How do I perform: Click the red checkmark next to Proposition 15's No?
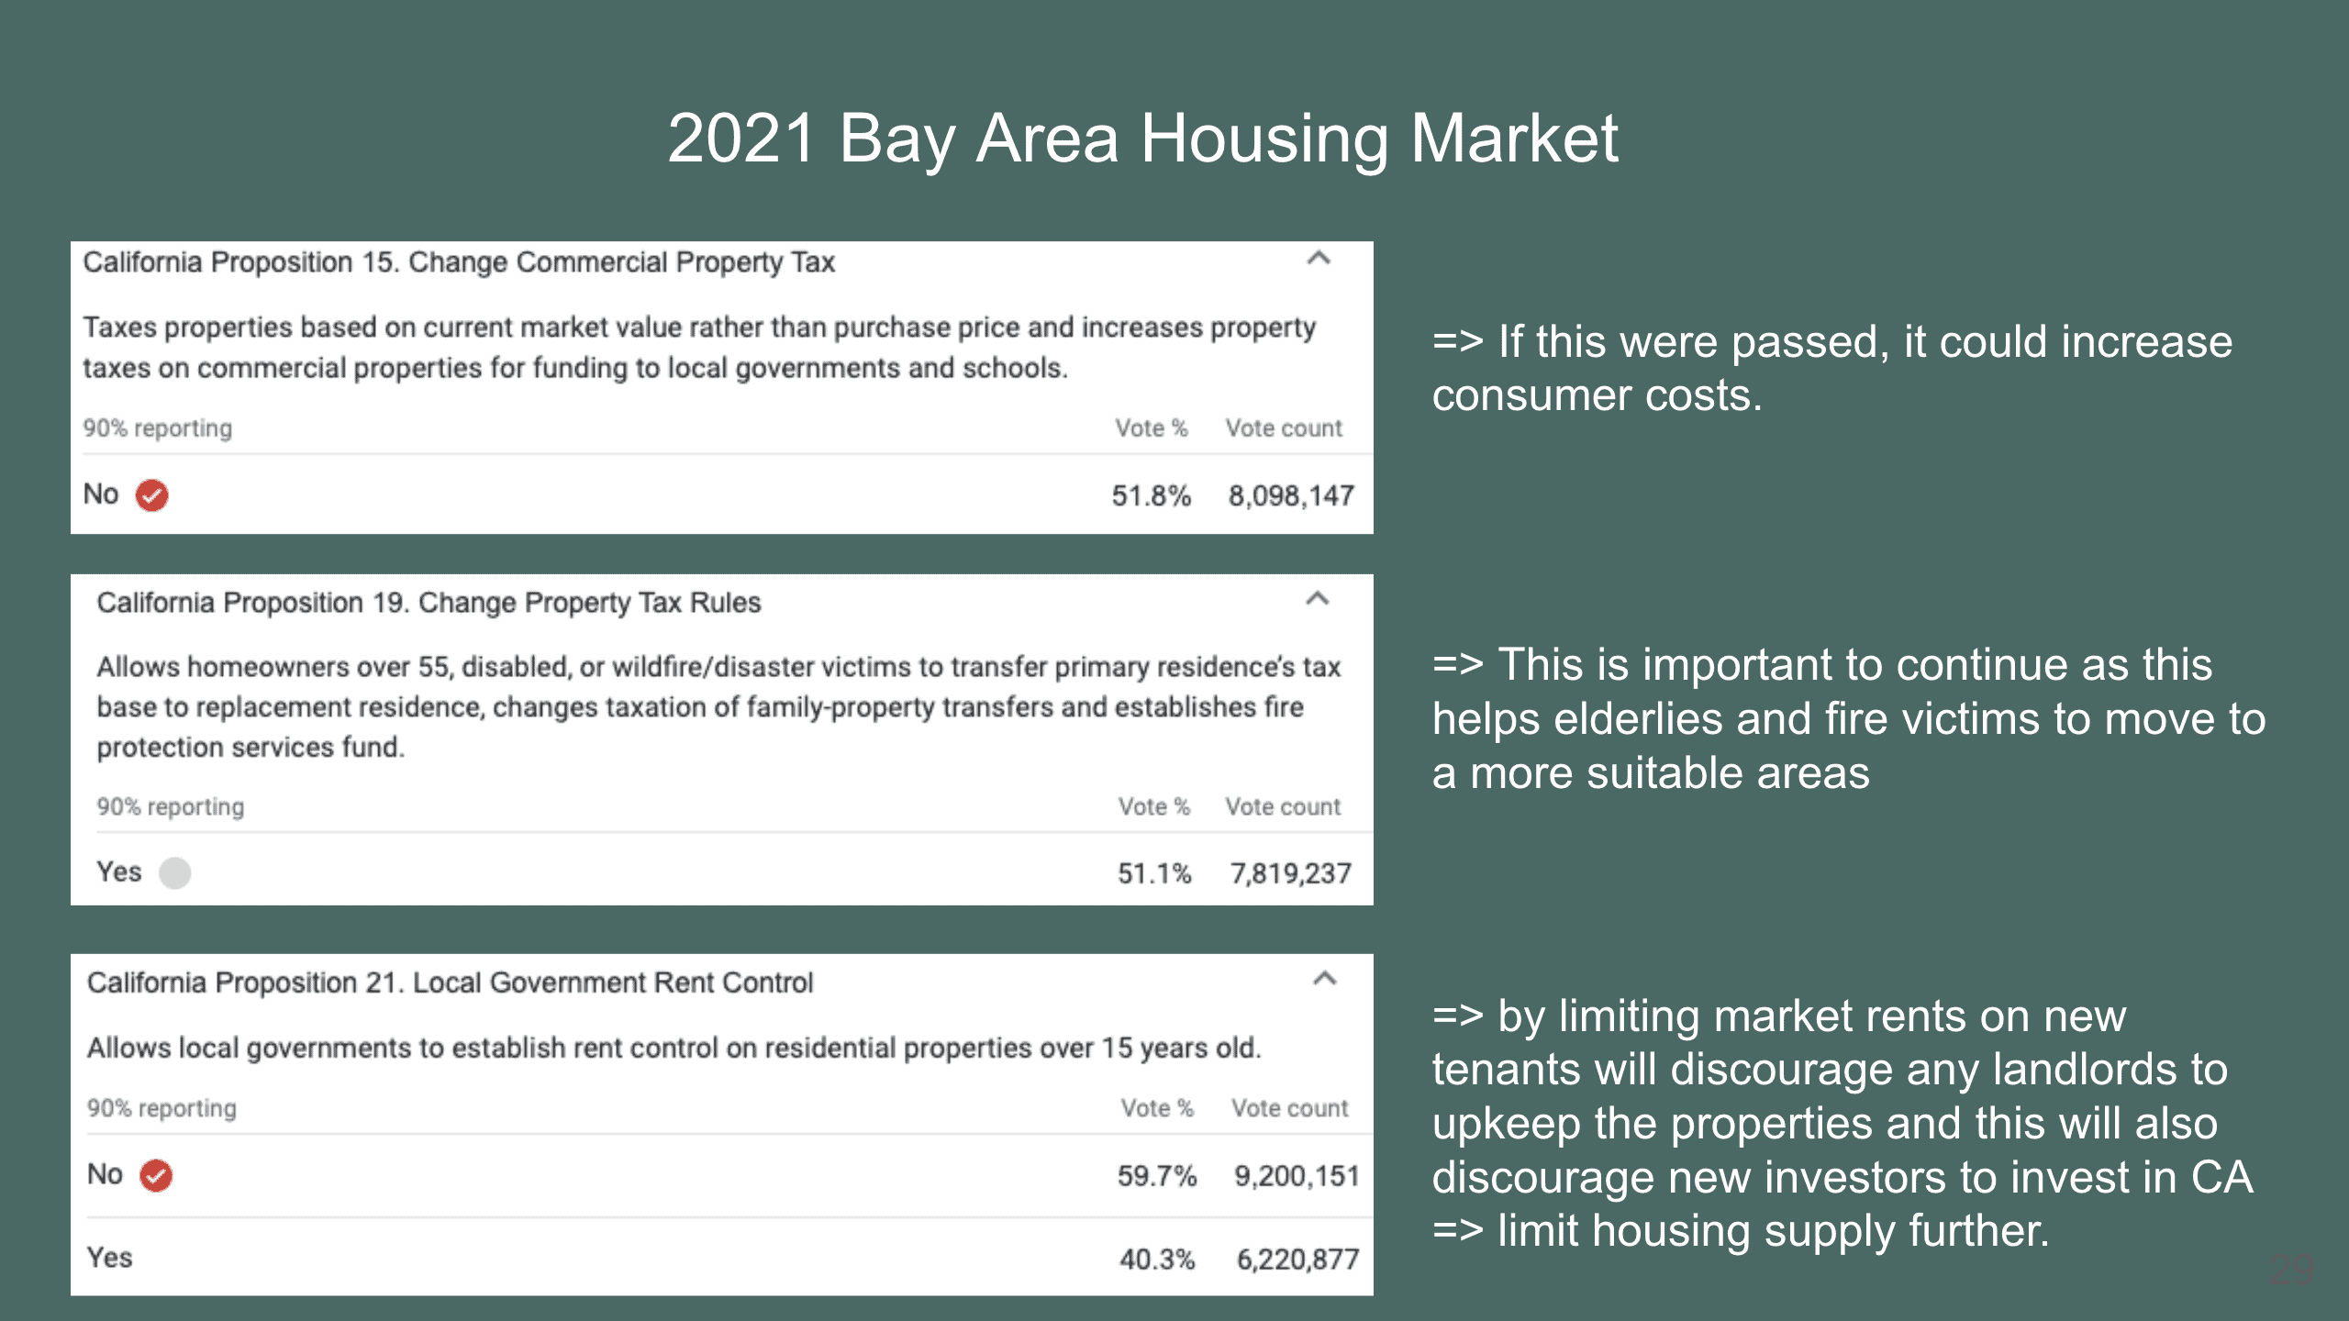[x=152, y=495]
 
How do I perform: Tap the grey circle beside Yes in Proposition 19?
[x=174, y=872]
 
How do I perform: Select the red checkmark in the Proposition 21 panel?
[x=156, y=1175]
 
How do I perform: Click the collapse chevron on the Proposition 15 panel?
[x=1319, y=259]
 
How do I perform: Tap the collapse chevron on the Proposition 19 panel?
[x=1318, y=599]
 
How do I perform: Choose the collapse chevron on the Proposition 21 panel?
[x=1324, y=978]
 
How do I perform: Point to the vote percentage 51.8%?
[x=1151, y=496]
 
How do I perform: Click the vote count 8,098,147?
[x=1291, y=496]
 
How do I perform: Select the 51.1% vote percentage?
[x=1154, y=873]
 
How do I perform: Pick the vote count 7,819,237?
[x=1291, y=873]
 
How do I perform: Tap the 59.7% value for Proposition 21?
[x=1157, y=1176]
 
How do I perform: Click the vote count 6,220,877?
[x=1297, y=1260]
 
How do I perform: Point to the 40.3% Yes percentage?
[x=1157, y=1260]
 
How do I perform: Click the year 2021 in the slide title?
[x=741, y=139]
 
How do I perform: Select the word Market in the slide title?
[x=1515, y=139]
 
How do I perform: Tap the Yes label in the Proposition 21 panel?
[x=109, y=1258]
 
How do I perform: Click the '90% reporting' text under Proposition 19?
[x=171, y=807]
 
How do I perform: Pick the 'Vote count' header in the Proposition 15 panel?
[x=1284, y=428]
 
